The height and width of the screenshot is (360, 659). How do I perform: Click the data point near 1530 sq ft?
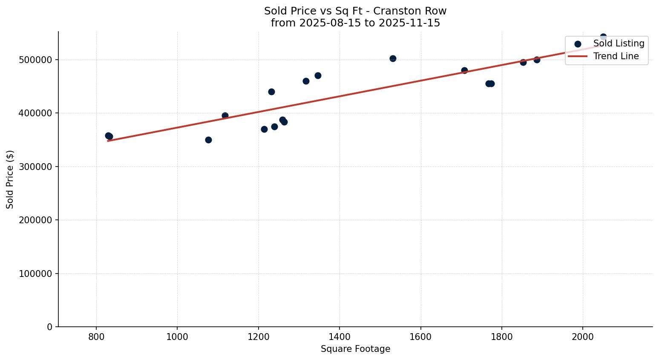click(393, 58)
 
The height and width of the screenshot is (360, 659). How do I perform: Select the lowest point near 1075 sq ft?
click(208, 140)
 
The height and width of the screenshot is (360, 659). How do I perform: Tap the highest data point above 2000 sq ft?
click(603, 37)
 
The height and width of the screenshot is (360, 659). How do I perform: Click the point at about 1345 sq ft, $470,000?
click(318, 75)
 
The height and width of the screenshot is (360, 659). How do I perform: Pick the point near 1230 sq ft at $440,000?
click(271, 92)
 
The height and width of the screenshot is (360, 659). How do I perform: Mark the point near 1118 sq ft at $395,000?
click(225, 115)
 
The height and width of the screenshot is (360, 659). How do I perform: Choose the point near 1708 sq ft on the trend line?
click(464, 70)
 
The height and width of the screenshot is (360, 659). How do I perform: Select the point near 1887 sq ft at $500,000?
click(537, 60)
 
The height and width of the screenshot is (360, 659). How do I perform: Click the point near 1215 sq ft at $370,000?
click(264, 129)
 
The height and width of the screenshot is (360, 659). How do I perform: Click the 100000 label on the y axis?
click(35, 274)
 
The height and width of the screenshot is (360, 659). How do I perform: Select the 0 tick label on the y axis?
click(49, 327)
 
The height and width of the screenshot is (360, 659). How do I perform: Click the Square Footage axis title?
click(355, 349)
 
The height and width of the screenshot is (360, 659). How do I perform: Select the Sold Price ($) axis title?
click(10, 179)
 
